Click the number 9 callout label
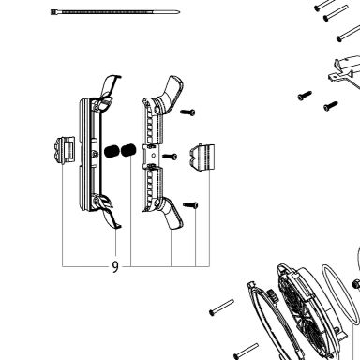pos(115,266)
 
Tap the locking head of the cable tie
pos(52,12)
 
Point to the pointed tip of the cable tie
pos(178,12)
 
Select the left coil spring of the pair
pos(111,152)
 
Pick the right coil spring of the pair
pos(128,150)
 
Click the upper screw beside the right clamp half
pos(187,112)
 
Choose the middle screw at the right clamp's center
pos(170,157)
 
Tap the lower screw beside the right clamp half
pos(190,205)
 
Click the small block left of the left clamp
pos(65,150)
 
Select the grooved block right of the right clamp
pos(202,157)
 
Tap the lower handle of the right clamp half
pos(172,214)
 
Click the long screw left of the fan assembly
pos(221,307)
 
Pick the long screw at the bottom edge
pos(247,351)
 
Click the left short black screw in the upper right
pos(305,96)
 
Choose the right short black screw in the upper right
pos(331,106)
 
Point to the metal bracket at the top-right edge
pos(344,70)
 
